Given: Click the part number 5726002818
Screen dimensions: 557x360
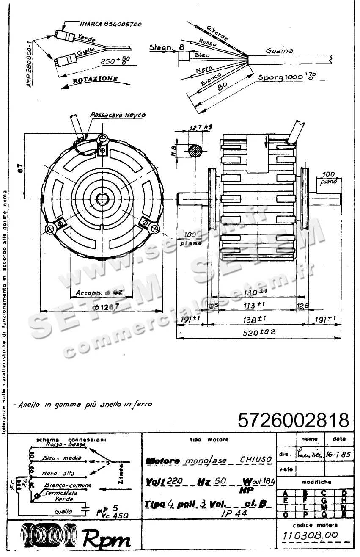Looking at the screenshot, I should [294, 420].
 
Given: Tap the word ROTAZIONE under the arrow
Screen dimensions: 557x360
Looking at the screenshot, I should [96, 80].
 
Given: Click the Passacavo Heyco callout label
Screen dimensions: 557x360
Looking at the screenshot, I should [118, 115].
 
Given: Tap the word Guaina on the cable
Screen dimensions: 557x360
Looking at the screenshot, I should [279, 51].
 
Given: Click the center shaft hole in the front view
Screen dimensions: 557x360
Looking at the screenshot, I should [102, 198].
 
